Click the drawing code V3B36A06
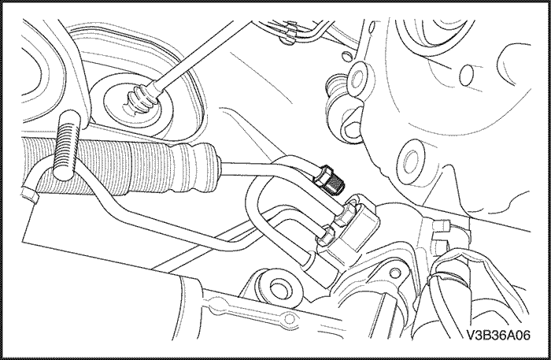coord(498,336)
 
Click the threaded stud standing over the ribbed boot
coord(67,145)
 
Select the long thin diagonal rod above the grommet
coord(194,53)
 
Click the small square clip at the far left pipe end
coord(30,195)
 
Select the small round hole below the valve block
coord(395,272)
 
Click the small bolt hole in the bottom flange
coord(289,319)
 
